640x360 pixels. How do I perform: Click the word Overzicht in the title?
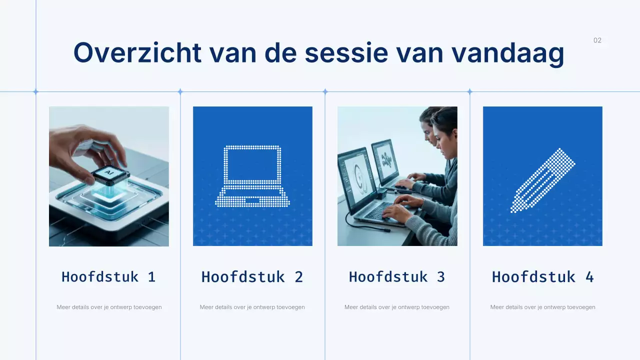pos(137,52)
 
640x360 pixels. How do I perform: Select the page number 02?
pos(597,40)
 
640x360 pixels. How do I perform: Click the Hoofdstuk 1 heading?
pos(108,276)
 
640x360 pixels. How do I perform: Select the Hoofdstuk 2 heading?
pos(252,276)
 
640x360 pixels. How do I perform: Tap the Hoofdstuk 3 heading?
pos(397,276)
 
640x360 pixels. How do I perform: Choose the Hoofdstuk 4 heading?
pos(543,276)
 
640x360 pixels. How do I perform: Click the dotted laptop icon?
pos(252,176)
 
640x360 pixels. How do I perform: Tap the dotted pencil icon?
pos(543,180)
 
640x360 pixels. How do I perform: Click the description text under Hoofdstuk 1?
pos(109,307)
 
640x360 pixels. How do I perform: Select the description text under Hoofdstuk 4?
pos(543,307)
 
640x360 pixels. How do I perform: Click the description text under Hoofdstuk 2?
pos(252,307)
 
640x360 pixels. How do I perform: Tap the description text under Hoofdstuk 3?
pos(397,307)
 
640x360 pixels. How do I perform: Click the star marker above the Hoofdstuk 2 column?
pos(180,91)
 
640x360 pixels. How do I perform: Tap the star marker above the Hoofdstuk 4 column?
pos(469,91)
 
